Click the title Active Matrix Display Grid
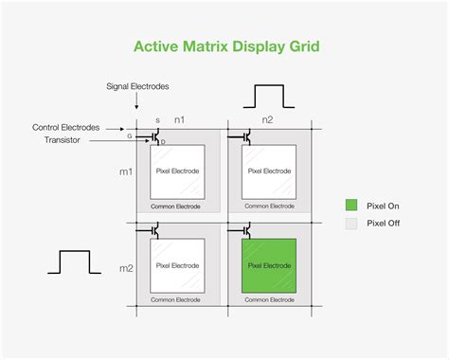click(x=224, y=46)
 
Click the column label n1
click(x=179, y=120)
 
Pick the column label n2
click(x=267, y=120)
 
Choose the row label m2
click(x=125, y=268)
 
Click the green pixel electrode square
click(x=269, y=266)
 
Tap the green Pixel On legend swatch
click(x=350, y=204)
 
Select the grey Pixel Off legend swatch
click(x=350, y=225)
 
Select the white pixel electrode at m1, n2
click(x=269, y=171)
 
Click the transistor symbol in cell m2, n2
click(x=244, y=229)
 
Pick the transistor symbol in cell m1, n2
click(x=244, y=135)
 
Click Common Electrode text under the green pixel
click(x=269, y=299)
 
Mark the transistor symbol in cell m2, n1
click(x=153, y=229)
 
